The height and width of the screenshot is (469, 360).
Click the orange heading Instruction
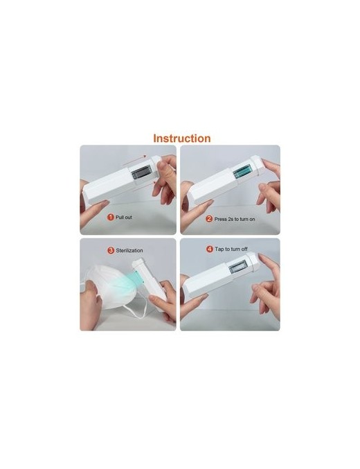(182, 139)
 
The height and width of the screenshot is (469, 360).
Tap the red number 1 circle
(111, 217)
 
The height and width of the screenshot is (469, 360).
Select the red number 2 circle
(209, 219)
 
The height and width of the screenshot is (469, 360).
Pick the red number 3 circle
(111, 250)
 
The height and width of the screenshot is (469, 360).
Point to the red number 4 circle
(210, 249)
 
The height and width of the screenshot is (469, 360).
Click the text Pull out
(124, 217)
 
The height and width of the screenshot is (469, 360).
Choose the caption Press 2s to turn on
(235, 219)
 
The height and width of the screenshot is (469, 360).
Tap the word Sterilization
(129, 251)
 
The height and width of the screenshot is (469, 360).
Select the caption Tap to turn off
(231, 249)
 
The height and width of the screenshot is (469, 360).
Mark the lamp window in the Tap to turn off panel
(238, 267)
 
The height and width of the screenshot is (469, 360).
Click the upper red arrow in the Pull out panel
(134, 160)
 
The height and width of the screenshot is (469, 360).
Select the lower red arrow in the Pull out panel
(143, 186)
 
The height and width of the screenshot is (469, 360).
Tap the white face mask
(111, 287)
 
